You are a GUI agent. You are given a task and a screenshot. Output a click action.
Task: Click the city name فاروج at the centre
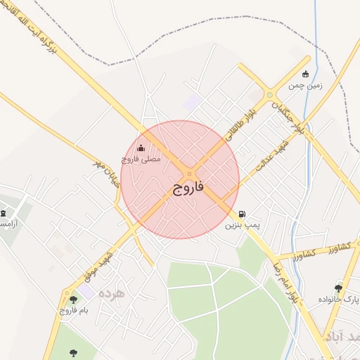(188, 189)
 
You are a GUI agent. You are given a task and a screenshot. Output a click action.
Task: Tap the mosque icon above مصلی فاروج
(141, 148)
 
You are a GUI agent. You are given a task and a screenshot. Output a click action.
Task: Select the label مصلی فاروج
(141, 160)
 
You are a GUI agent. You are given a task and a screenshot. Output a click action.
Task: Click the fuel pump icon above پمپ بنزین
(242, 214)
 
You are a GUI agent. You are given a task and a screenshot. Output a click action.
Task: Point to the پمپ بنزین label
(242, 226)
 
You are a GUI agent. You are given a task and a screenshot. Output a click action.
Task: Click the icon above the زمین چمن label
(305, 73)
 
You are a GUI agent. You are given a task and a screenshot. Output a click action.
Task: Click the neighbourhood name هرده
(112, 292)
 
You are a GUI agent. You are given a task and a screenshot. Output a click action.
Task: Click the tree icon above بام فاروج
(73, 300)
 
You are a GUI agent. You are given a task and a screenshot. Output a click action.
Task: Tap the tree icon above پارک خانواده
(338, 288)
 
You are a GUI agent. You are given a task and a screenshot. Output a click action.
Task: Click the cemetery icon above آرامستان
(4, 213)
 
